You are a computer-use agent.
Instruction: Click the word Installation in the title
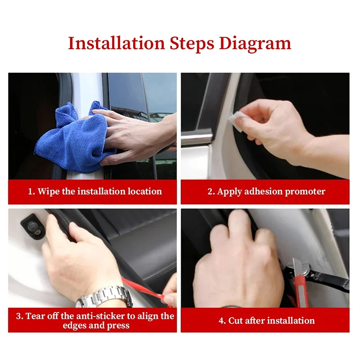point(117,43)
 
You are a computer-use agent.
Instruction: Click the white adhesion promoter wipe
point(235,121)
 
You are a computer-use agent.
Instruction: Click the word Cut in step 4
point(235,320)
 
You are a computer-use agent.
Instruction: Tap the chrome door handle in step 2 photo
point(197,139)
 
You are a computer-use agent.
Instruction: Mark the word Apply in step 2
point(229,192)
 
